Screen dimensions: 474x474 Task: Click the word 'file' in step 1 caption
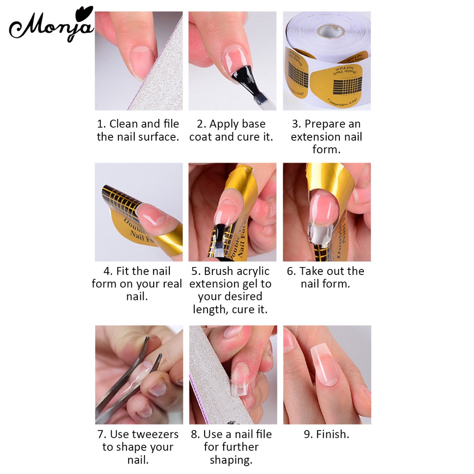[x=171, y=124]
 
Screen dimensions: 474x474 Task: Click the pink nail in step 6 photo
[x=324, y=208]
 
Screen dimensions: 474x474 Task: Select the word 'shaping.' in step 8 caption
[x=231, y=460]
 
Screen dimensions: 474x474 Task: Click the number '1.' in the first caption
[x=101, y=124]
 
